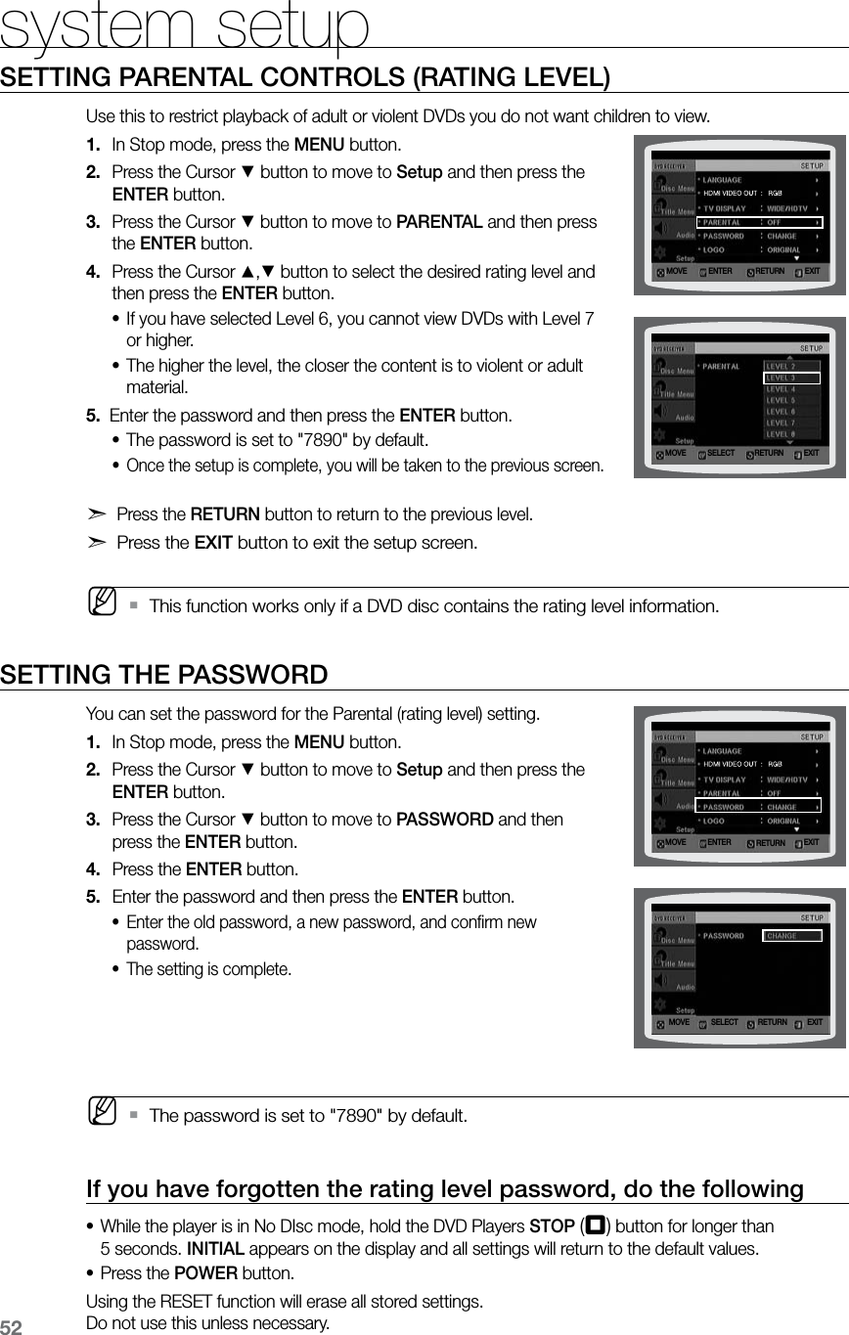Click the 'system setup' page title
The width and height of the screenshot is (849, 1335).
[185, 26]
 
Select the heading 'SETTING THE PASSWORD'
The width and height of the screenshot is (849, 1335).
[164, 675]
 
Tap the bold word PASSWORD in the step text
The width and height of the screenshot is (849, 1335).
[444, 819]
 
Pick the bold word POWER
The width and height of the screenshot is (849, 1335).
[204, 1274]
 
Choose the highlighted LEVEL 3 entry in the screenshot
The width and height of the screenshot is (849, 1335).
[790, 378]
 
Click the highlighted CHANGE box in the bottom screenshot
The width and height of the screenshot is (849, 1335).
[790, 935]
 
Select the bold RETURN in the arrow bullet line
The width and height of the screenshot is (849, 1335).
[224, 514]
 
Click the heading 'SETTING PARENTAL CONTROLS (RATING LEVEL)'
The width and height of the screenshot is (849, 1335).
[306, 77]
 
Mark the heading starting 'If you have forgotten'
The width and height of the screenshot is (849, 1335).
[445, 1188]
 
